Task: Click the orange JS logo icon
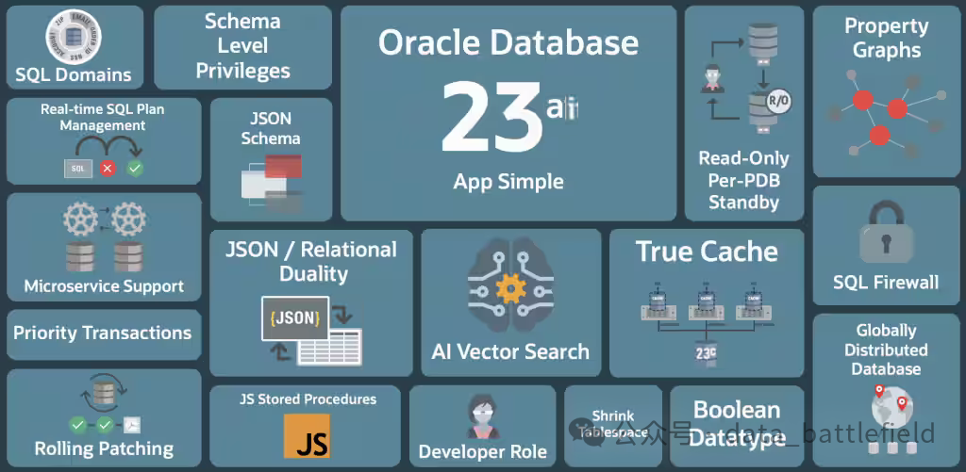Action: coord(307,435)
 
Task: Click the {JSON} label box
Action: coord(294,317)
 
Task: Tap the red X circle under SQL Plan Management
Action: coord(108,168)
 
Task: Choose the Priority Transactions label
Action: coord(102,333)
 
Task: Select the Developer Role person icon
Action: coord(482,415)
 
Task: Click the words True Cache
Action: coord(707,252)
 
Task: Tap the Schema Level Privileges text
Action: coord(242,45)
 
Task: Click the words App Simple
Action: coord(508,182)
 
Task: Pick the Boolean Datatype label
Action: coord(737,423)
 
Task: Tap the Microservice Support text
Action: coord(104,286)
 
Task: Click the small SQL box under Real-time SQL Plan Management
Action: coord(78,168)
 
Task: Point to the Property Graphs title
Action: coord(886,38)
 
